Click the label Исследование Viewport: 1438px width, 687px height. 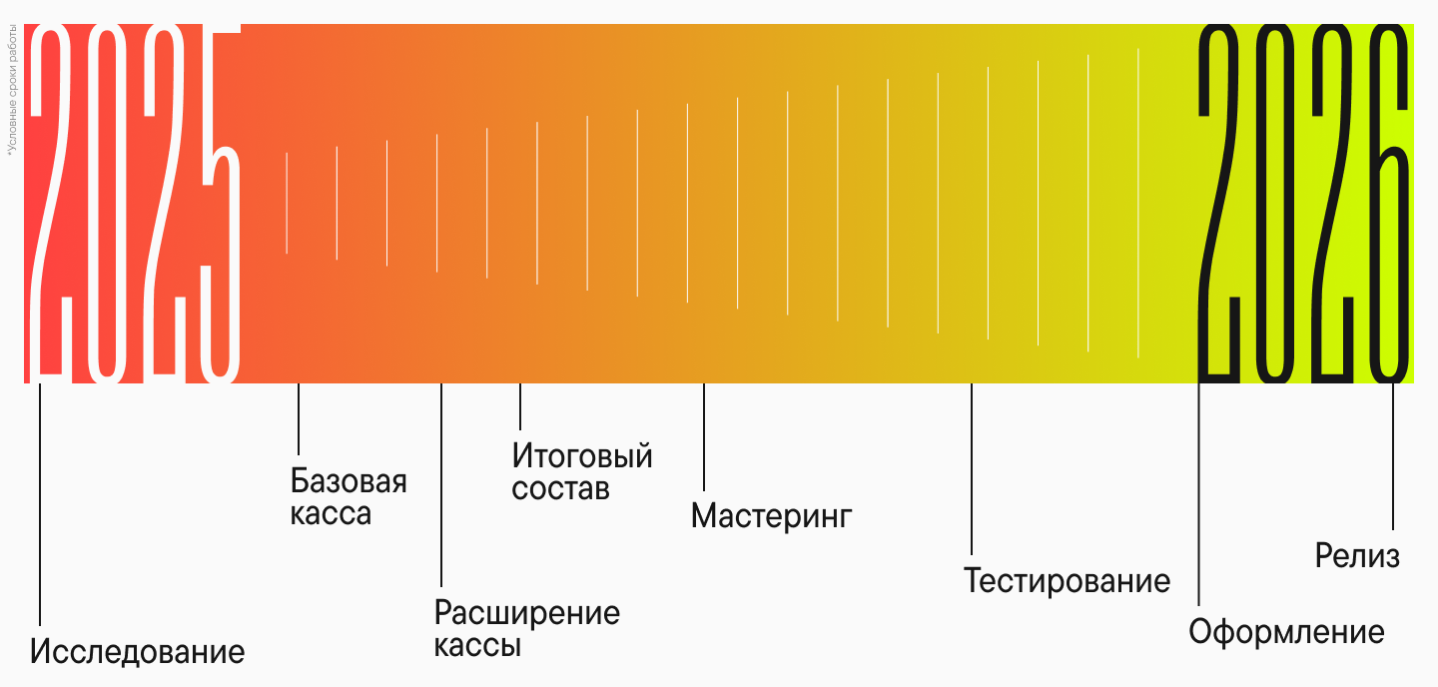pos(137,652)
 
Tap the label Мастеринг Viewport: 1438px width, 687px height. pos(771,516)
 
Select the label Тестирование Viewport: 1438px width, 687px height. pos(1067,580)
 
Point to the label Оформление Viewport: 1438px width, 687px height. pos(1286,632)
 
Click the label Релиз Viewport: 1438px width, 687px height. pos(1357,556)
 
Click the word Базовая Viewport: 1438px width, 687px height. pos(349,481)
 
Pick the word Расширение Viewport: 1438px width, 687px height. pos(527,612)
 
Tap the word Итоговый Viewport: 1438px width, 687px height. pos(582,456)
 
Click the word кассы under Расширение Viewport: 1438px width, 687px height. pos(477,646)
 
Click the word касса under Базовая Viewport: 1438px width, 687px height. pos(331,515)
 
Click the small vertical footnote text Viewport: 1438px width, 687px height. pos(13,95)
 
